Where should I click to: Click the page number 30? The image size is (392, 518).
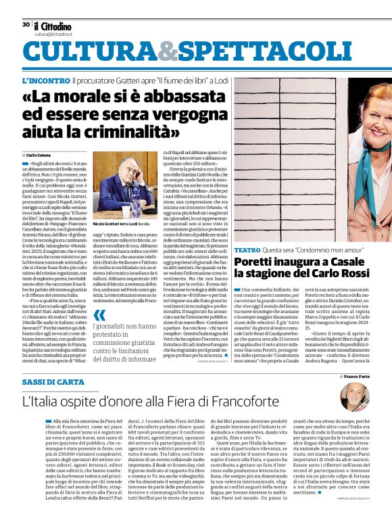25,24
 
